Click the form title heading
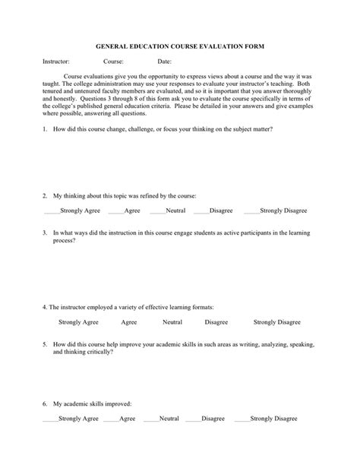[179, 46]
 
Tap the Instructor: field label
[56, 60]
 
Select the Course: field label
[114, 60]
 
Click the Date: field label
[164, 60]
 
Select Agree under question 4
[128, 322]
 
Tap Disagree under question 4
[216, 322]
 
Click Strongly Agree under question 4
[79, 322]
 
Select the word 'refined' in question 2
[127, 195]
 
